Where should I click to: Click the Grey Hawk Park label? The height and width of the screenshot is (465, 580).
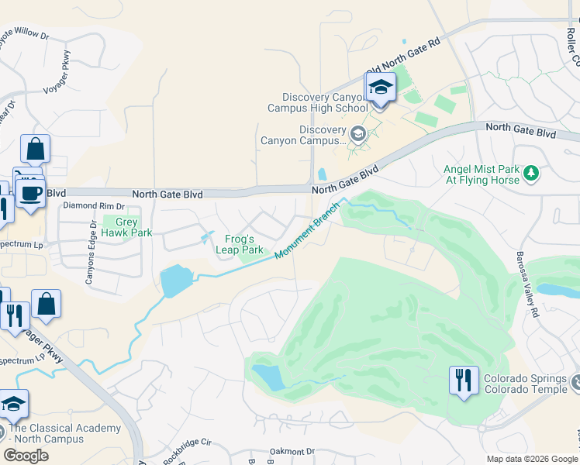(128, 226)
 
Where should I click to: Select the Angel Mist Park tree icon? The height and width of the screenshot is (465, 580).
(531, 174)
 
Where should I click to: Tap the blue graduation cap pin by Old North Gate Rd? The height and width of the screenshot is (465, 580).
(381, 88)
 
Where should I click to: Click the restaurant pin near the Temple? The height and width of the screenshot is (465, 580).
(464, 381)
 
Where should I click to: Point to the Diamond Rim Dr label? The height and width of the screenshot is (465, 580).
(93, 206)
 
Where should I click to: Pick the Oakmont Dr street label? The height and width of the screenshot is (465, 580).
(288, 451)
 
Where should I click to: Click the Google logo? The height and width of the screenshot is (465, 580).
(26, 456)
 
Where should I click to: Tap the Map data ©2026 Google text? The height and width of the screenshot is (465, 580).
(532, 459)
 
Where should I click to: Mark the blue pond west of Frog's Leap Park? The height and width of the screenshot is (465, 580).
(175, 281)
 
